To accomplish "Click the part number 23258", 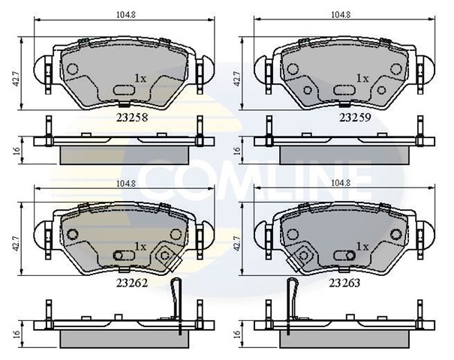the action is tap(132, 117).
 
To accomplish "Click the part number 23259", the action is tap(355, 117).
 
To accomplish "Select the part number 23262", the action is tap(132, 283).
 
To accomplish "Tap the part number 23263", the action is tap(344, 283).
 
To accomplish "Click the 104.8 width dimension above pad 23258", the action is tap(126, 15).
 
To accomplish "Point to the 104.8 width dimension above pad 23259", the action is tap(341, 15).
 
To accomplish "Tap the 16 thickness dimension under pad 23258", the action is tap(17, 151).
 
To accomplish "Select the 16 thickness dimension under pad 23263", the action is tap(237, 334).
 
